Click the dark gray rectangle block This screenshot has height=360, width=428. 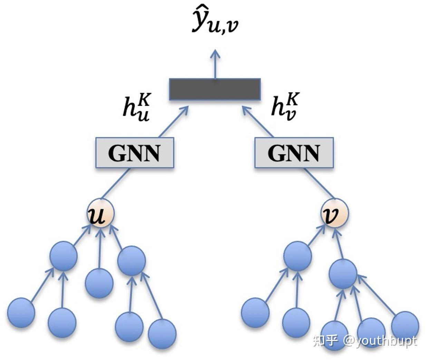[215, 89]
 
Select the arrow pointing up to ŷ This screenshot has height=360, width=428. [215, 64]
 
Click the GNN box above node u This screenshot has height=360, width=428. [134, 153]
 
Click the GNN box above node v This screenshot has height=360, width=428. [294, 153]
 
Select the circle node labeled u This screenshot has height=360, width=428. [100, 213]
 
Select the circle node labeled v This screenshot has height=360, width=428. [335, 213]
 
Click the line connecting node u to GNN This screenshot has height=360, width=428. [116, 183]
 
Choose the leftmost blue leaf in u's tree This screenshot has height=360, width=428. [21, 313]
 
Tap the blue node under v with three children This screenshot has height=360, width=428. [343, 274]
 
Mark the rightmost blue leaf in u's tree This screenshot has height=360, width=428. [162, 333]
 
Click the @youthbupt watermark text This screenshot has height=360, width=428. [380, 341]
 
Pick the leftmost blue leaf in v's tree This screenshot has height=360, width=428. [255, 313]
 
